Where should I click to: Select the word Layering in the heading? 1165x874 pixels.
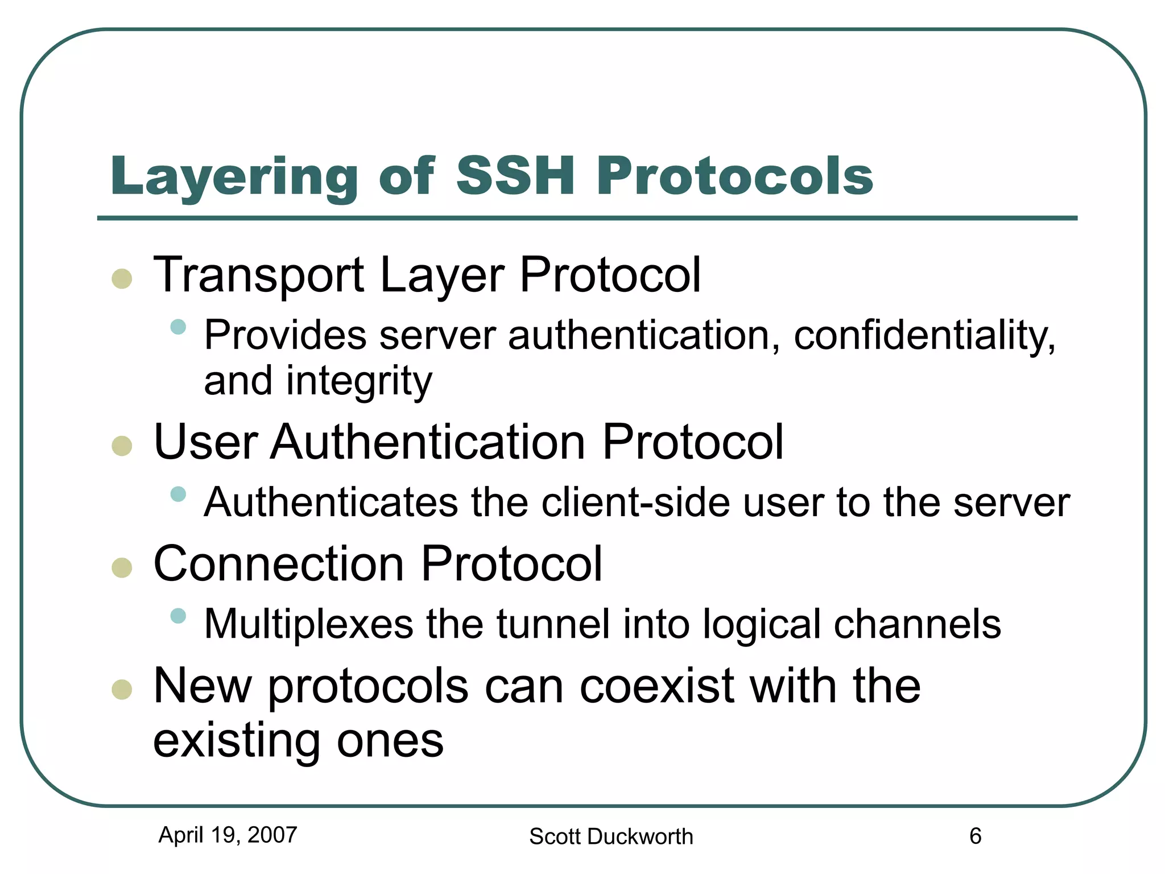point(234,178)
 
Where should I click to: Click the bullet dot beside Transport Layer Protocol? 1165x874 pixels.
point(122,279)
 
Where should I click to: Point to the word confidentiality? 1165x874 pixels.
point(924,336)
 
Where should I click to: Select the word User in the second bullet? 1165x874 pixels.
point(206,442)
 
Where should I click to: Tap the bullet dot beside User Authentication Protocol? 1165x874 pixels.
point(122,446)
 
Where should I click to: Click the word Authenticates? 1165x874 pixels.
point(331,502)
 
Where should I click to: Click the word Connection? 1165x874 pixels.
point(279,564)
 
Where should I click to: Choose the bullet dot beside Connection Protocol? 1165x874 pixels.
point(122,567)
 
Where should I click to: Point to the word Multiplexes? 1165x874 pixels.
point(308,625)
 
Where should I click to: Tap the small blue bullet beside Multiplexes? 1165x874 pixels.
point(179,616)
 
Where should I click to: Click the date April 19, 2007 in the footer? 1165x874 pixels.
point(228,835)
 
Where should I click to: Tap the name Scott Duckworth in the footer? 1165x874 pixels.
point(611,836)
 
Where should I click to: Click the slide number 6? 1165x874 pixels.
point(975,836)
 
